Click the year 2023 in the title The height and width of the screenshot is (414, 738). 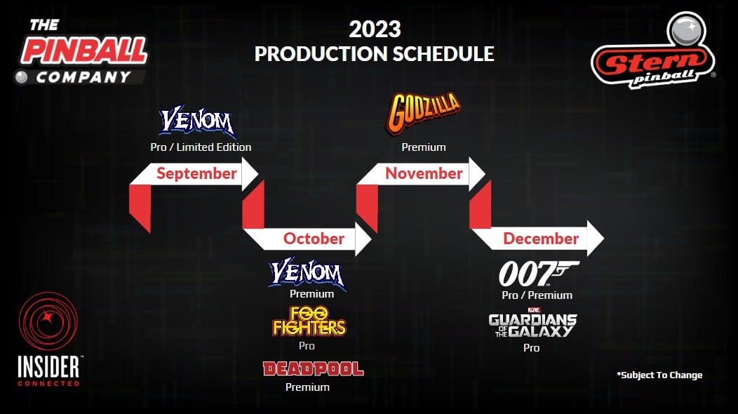click(x=375, y=29)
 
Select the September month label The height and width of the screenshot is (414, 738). click(x=196, y=173)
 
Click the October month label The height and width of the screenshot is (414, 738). click(x=314, y=239)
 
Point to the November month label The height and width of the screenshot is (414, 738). click(x=424, y=173)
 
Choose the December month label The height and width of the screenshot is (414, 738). click(x=541, y=239)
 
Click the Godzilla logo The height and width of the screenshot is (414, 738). click(x=423, y=113)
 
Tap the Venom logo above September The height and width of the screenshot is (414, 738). click(x=197, y=121)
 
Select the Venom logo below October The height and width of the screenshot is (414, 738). click(x=307, y=273)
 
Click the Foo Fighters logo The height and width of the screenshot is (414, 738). click(x=309, y=321)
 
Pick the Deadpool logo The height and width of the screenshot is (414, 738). click(x=313, y=369)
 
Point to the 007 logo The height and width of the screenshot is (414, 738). click(x=539, y=274)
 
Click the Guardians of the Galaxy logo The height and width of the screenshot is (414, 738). click(x=532, y=323)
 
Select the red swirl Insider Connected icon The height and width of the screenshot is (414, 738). click(x=48, y=321)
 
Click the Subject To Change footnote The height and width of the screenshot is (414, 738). click(x=659, y=375)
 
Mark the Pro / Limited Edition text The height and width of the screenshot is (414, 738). click(x=201, y=147)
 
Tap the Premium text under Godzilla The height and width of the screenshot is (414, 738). click(x=424, y=147)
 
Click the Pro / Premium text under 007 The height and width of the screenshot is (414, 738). click(x=537, y=295)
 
